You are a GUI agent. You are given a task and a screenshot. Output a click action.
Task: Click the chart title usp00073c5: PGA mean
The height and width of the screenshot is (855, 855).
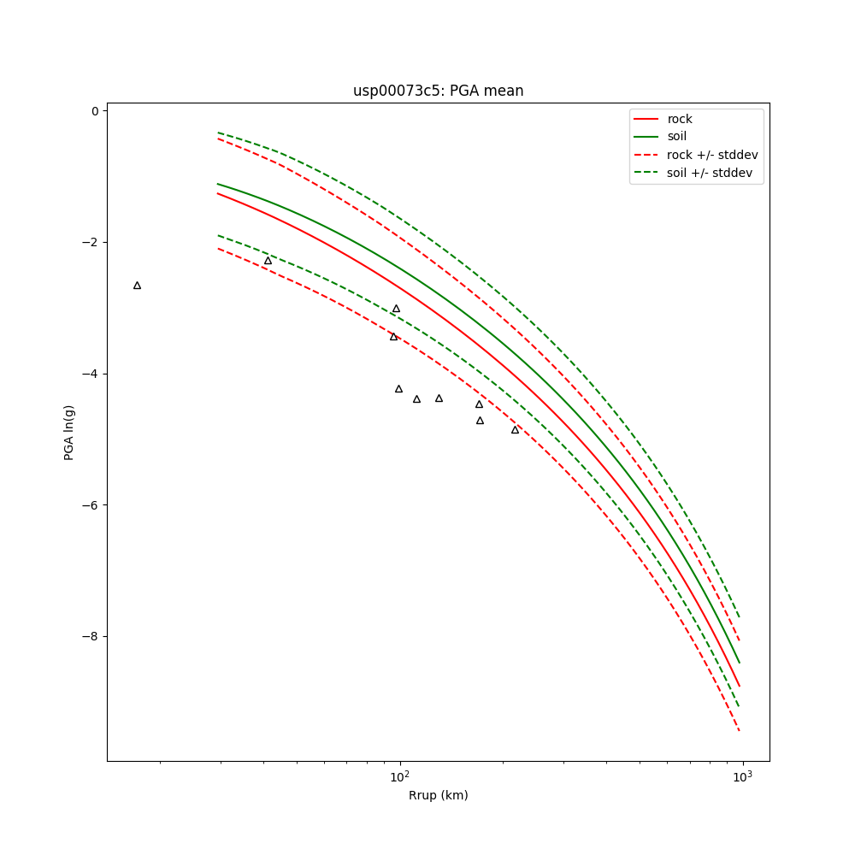click(x=438, y=91)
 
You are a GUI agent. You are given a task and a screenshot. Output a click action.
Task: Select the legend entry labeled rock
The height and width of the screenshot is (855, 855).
click(x=680, y=119)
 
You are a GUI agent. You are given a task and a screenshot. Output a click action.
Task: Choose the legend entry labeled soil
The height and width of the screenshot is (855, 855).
click(x=676, y=137)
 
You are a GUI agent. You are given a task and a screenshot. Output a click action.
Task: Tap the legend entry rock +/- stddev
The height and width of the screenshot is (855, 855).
click(x=712, y=155)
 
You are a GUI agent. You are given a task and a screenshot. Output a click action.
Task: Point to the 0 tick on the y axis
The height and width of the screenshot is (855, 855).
click(x=94, y=111)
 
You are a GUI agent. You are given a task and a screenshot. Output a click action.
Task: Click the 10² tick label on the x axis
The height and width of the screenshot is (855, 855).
click(x=399, y=775)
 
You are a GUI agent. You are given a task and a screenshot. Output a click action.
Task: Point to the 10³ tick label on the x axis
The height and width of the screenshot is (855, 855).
click(x=742, y=775)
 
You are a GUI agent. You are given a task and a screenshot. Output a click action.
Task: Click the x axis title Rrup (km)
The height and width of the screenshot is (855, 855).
click(x=438, y=795)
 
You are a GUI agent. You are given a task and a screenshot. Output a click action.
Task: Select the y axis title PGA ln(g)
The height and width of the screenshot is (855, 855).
click(x=69, y=433)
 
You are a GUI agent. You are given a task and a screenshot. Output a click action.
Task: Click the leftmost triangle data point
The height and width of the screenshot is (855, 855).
click(x=137, y=285)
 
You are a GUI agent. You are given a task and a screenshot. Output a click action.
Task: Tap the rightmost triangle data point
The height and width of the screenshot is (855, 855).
click(x=515, y=429)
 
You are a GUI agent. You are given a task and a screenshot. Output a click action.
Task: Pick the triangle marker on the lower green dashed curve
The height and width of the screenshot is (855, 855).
click(x=268, y=260)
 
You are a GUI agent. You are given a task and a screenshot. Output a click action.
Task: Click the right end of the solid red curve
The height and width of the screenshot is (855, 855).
click(x=740, y=686)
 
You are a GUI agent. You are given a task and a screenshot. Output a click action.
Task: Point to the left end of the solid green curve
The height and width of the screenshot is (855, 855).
click(x=218, y=184)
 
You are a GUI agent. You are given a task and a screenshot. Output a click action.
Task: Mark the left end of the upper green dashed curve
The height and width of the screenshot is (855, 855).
click(x=218, y=133)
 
